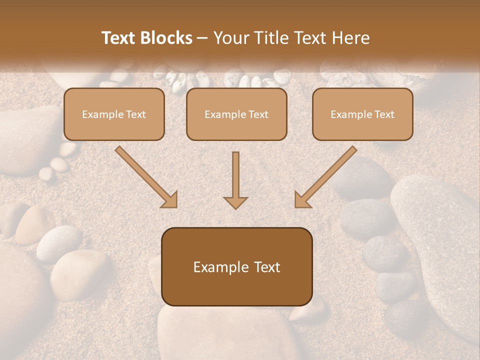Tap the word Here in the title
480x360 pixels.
pos(351,38)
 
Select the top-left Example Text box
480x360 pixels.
pos(114,114)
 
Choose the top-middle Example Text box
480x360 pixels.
pos(236,114)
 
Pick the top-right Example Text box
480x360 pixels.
pos(362,114)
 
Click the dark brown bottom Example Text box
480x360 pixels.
pos(236,266)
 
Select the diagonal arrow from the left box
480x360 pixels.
pos(145,176)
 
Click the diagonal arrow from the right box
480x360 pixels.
pos(326,176)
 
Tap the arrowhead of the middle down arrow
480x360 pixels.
pos(235,202)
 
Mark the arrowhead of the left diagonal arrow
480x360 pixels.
pos(169,200)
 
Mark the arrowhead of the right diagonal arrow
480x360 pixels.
pos(302,200)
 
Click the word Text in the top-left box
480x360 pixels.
pos(135,114)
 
